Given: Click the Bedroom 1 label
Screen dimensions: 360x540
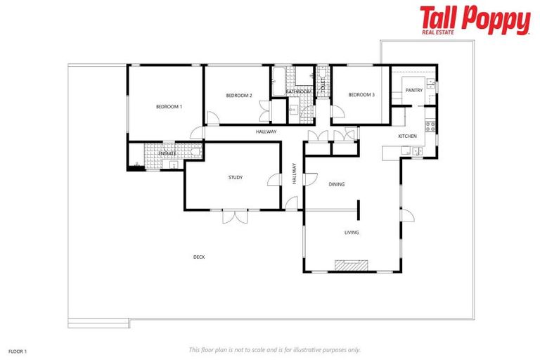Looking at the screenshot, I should pyautogui.click(x=169, y=107).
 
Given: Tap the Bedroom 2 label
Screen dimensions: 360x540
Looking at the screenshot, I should pyautogui.click(x=239, y=95).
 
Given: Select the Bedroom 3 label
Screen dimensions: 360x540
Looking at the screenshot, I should pyautogui.click(x=361, y=95).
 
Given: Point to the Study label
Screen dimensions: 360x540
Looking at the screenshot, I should pyautogui.click(x=236, y=177).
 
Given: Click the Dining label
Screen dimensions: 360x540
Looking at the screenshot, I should pyautogui.click(x=337, y=184).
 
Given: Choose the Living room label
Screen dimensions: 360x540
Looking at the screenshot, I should pyautogui.click(x=352, y=232).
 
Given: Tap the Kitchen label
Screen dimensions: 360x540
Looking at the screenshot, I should pyautogui.click(x=408, y=136).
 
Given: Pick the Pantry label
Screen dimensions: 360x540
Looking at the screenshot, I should pyautogui.click(x=414, y=90).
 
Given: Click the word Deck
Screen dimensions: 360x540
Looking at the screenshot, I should pyautogui.click(x=199, y=257).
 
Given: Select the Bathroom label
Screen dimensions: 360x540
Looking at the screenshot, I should pyautogui.click(x=298, y=92).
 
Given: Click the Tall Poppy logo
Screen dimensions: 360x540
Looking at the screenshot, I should pyautogui.click(x=475, y=20).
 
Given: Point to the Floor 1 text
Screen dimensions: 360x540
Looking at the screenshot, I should pyautogui.click(x=18, y=349).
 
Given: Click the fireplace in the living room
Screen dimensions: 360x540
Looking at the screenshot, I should pyautogui.click(x=352, y=265).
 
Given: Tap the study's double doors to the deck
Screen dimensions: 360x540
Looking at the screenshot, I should pyautogui.click(x=236, y=216).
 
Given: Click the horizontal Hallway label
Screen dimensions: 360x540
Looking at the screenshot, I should pyautogui.click(x=266, y=131).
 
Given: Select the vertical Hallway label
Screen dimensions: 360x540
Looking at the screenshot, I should pyautogui.click(x=294, y=174).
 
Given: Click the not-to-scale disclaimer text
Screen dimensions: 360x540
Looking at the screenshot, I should pyautogui.click(x=274, y=349).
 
